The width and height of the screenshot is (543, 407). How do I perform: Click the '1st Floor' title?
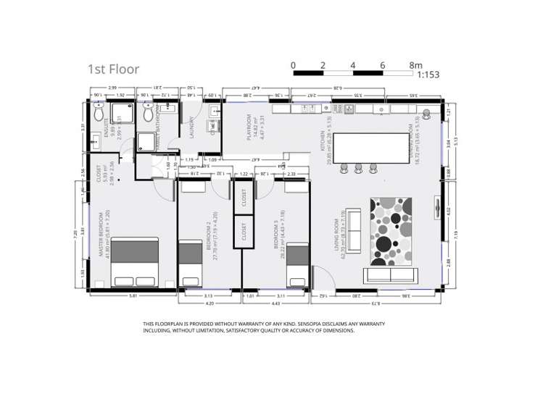(x=113, y=69)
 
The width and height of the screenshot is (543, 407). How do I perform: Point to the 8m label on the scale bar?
(x=415, y=65)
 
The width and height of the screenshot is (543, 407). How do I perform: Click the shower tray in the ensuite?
(x=123, y=113)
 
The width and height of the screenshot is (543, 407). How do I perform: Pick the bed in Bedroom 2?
(x=191, y=262)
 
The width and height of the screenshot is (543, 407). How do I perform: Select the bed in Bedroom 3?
(x=298, y=265)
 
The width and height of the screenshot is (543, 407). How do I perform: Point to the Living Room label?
(x=338, y=232)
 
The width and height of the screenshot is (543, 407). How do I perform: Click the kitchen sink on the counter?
(x=350, y=109)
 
